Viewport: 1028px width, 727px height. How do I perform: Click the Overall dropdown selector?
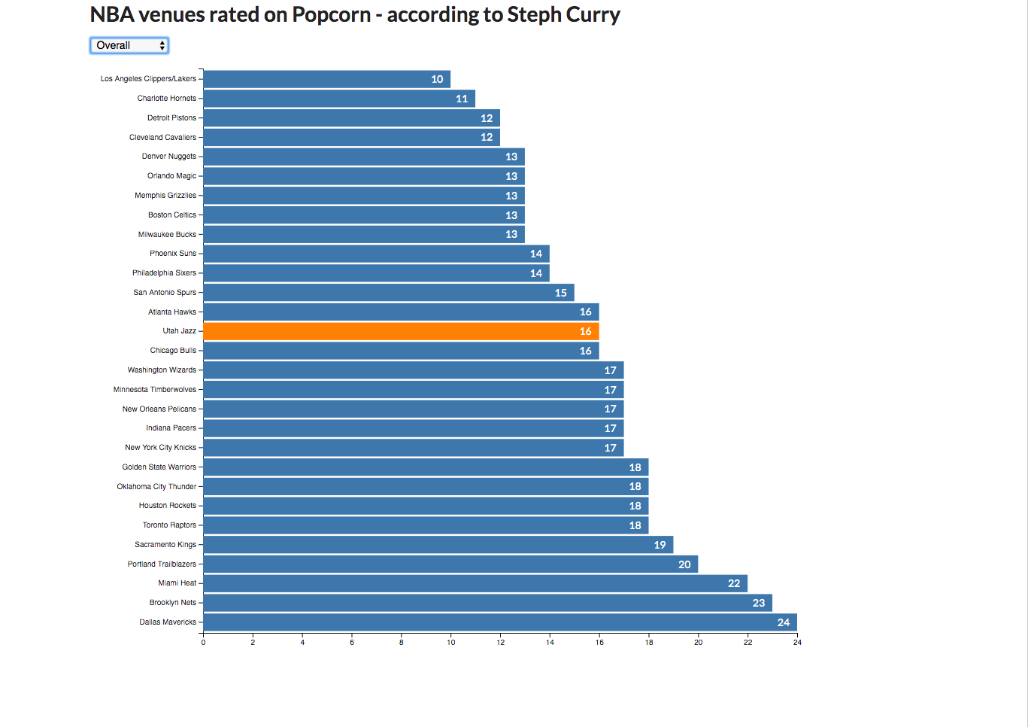129,46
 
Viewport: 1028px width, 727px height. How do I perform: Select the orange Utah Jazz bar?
401,331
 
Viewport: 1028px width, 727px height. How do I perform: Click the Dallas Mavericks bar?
499,622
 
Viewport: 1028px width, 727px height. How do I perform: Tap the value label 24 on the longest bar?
784,622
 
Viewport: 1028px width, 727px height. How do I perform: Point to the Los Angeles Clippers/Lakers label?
148,79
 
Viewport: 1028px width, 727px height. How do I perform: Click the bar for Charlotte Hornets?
338,99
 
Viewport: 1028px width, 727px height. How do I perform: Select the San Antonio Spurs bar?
388,293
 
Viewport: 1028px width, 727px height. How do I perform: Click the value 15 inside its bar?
561,293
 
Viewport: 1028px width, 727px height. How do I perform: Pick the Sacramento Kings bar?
438,545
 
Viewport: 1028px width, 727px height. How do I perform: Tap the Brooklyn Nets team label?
172,603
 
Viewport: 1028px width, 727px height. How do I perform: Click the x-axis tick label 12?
500,643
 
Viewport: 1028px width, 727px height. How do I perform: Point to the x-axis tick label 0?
203,643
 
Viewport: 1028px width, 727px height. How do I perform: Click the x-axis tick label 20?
698,643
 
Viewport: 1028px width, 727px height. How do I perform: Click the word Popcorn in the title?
332,15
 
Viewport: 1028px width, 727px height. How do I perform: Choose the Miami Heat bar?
475,583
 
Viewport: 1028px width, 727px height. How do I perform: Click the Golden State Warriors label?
159,467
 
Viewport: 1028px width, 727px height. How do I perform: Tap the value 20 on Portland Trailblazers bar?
684,564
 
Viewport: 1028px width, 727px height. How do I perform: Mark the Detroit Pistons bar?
351,118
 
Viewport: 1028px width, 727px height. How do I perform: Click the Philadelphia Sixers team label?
164,273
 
